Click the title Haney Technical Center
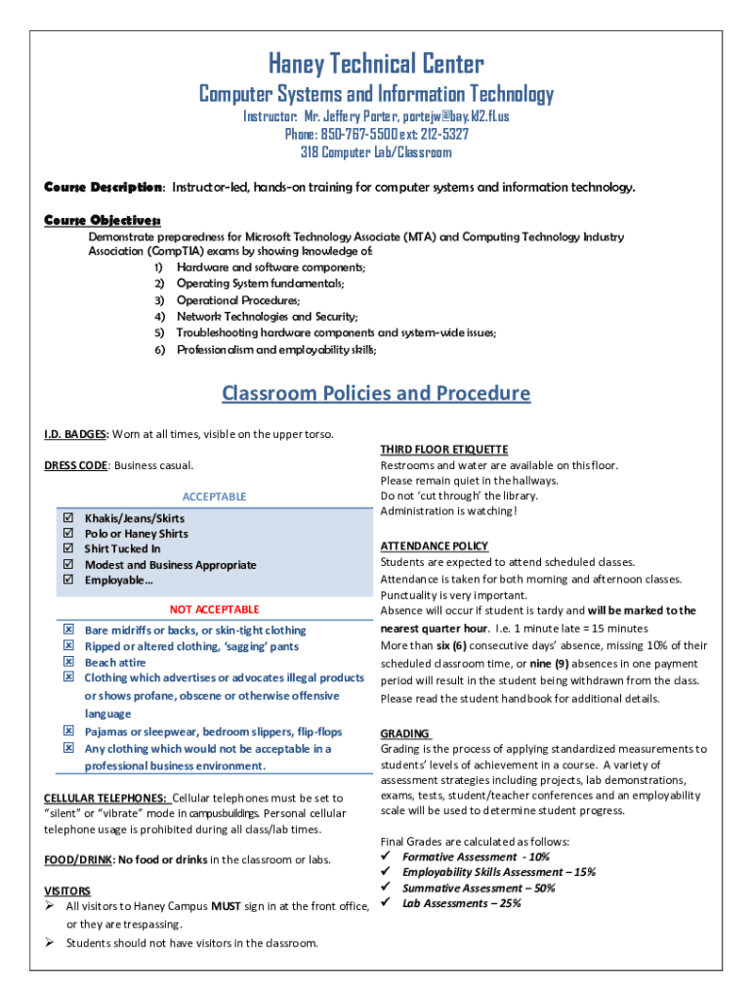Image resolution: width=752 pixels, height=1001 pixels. (x=376, y=65)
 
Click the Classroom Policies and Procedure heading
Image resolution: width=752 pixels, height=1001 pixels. (x=376, y=393)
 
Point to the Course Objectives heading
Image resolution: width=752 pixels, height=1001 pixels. (x=103, y=220)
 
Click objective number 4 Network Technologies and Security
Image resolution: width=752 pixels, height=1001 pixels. (x=266, y=316)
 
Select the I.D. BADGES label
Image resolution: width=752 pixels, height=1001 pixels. (x=76, y=433)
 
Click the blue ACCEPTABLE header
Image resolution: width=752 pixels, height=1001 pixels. (x=214, y=497)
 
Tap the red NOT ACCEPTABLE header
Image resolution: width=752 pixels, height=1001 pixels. (x=214, y=609)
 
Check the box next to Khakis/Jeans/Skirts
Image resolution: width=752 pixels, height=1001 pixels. (x=68, y=518)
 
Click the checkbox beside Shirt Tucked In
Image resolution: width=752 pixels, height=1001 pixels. (x=68, y=549)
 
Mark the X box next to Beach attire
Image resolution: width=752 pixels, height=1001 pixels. (x=68, y=662)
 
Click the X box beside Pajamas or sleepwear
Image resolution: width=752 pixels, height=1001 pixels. (x=68, y=731)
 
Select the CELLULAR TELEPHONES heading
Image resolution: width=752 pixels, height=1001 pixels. (x=105, y=798)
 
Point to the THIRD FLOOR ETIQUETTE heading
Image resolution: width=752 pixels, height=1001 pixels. (x=443, y=450)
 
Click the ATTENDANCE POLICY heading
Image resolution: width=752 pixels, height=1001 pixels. (x=434, y=545)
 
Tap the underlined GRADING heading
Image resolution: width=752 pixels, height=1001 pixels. (x=405, y=733)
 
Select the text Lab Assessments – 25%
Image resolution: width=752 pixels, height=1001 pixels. (x=461, y=903)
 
